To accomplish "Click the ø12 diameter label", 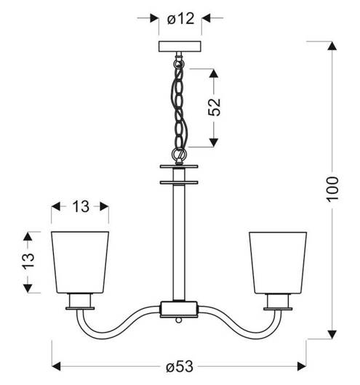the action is coord(181,18).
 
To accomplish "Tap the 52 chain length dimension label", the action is coord(214,108).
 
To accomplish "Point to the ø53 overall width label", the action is coord(180,367).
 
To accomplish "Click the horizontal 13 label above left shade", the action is coord(81,206).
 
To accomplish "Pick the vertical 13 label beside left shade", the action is coord(28,262).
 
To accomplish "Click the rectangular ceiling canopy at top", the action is coord(180,46).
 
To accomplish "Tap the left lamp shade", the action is coord(80,262).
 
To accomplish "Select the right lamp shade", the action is coord(278,263).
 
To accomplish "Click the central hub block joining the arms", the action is coord(179,309).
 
